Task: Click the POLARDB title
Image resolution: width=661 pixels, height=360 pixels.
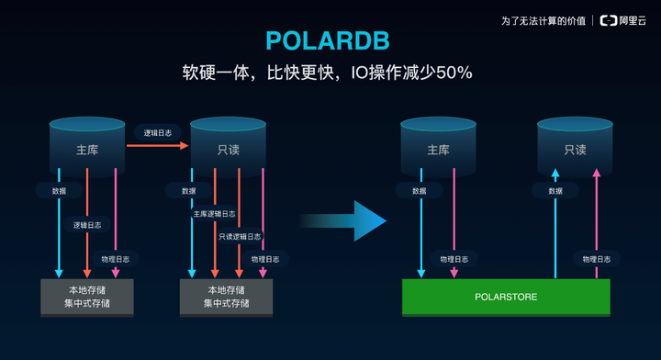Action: (x=328, y=40)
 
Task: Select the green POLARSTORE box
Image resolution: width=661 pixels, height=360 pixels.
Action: (x=506, y=298)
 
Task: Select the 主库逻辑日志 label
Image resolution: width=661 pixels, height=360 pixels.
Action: (x=215, y=214)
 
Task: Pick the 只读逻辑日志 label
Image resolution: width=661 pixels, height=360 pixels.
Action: (x=240, y=236)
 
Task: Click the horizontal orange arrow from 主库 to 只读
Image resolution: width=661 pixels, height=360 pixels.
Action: (x=157, y=145)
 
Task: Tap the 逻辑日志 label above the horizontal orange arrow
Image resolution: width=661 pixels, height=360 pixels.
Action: (x=157, y=132)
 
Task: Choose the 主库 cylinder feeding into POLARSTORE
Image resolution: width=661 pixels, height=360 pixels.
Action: (x=438, y=147)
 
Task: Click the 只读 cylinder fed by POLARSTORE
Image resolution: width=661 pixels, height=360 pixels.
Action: (x=575, y=147)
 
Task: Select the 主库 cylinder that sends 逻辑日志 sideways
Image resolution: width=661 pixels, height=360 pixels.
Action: (x=87, y=147)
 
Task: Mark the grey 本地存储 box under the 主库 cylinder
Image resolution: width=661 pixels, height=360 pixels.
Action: (x=87, y=297)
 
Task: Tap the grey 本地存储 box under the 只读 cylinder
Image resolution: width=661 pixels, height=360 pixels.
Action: (x=226, y=297)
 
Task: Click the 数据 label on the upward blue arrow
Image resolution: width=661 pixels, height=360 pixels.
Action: (x=555, y=191)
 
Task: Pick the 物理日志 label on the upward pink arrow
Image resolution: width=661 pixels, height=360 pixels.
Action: (x=596, y=259)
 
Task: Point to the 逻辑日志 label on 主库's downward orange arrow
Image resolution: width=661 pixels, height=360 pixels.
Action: (x=87, y=225)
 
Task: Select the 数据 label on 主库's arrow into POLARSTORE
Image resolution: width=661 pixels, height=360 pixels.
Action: (x=420, y=191)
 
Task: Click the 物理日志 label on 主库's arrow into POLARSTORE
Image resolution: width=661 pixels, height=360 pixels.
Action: (x=454, y=259)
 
